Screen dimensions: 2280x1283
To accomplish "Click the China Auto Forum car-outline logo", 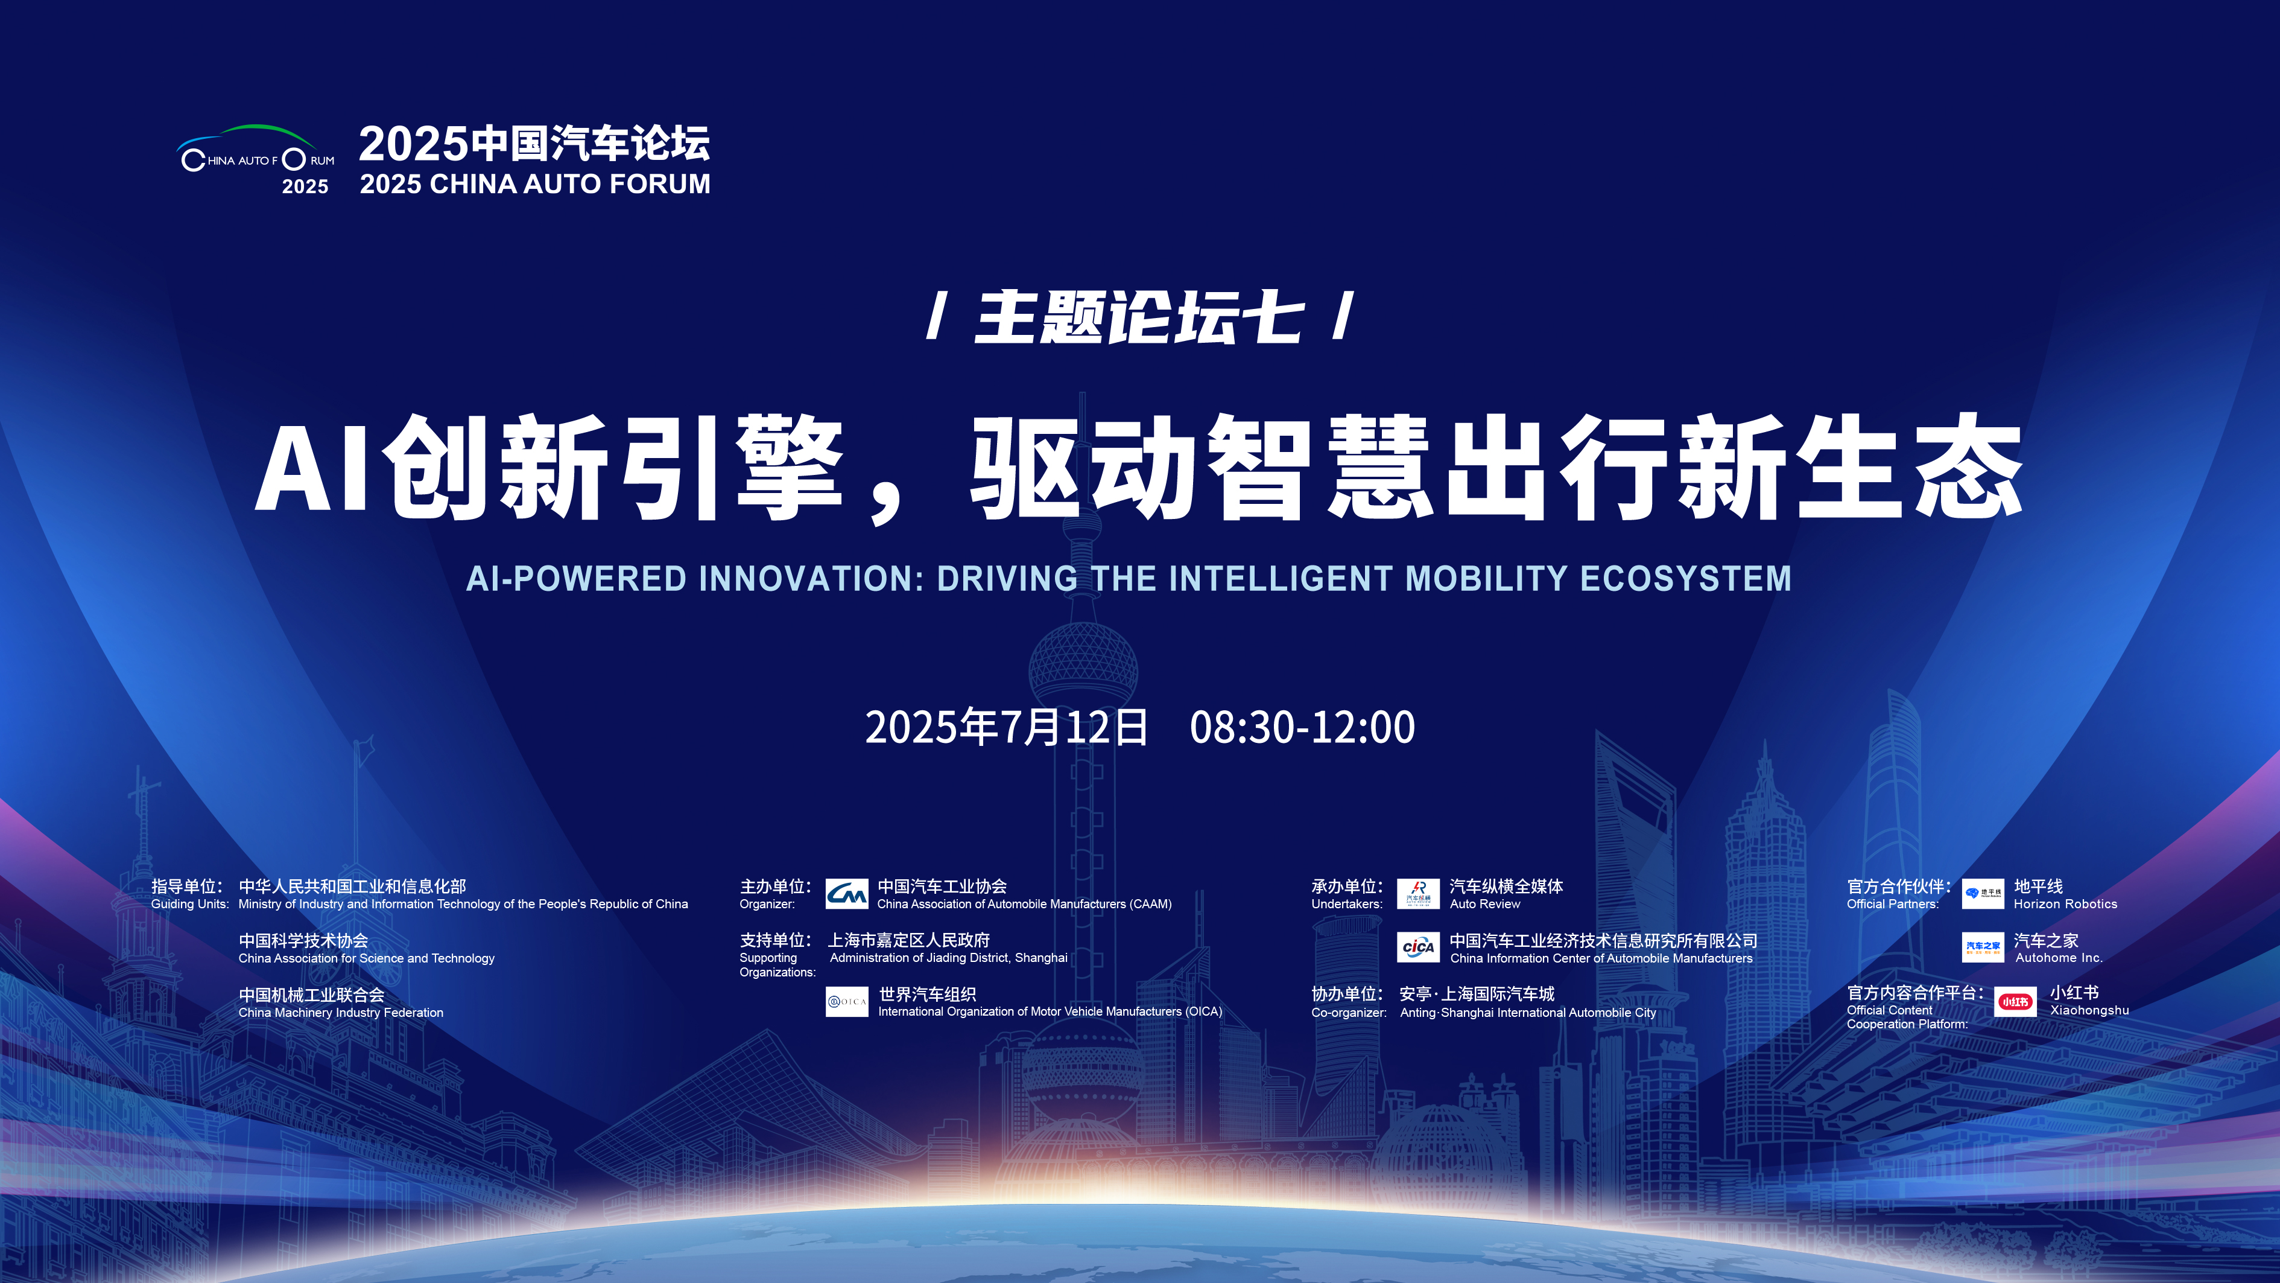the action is coord(256,159).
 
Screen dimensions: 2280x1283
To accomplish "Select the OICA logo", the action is coord(846,1001).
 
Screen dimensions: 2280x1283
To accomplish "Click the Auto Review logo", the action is coord(1418,893).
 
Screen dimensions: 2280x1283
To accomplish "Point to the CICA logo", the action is coord(1418,947).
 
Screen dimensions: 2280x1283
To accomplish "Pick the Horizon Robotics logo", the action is coord(1983,893).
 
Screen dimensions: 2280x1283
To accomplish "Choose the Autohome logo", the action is coord(1983,947).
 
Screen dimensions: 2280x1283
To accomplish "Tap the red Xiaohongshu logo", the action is coord(2015,1001).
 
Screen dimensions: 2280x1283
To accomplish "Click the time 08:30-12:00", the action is coord(1302,727).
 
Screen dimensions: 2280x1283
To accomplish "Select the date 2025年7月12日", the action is coord(1006,727).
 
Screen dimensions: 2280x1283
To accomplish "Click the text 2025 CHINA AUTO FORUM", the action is coord(534,183).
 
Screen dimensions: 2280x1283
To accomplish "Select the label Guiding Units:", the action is coord(189,904).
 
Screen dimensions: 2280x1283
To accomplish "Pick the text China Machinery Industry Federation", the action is coord(341,1012).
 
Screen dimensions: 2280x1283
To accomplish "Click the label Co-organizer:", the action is coord(1349,1012).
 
